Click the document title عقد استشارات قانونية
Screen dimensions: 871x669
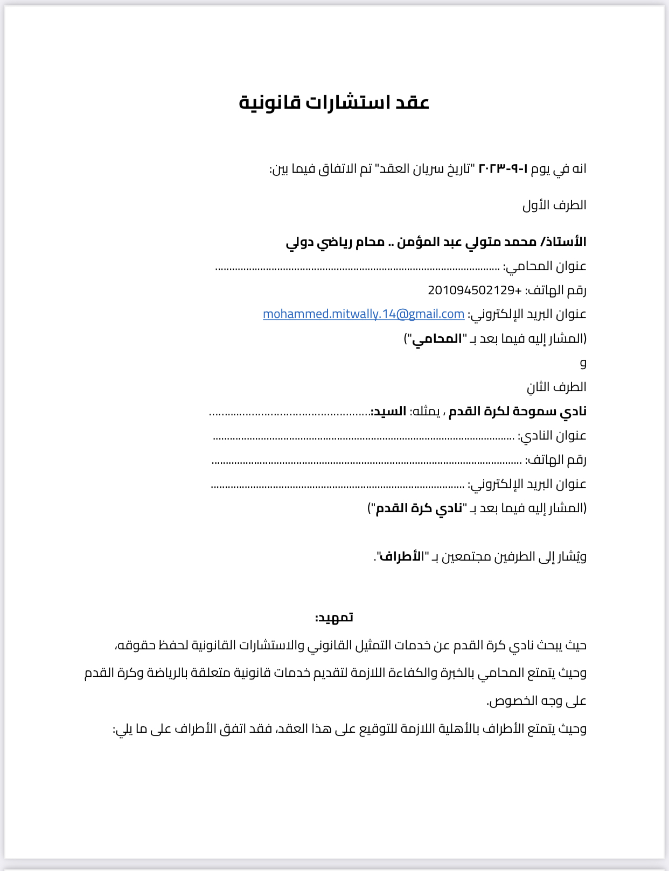point(334,102)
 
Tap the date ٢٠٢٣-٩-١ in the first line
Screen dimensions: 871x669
point(504,168)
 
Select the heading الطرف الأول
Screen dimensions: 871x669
point(554,205)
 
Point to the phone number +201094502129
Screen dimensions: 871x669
point(475,291)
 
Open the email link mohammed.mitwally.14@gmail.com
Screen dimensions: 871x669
point(364,314)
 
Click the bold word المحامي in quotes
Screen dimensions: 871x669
point(437,338)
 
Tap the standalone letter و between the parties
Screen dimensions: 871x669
point(583,363)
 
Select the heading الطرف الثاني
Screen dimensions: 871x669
point(556,387)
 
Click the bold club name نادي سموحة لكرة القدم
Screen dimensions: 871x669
point(518,412)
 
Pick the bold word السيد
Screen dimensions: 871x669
point(388,412)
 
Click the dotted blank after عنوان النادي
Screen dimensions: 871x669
point(364,437)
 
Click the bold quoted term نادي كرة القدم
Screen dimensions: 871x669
point(419,508)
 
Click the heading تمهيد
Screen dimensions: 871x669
point(334,618)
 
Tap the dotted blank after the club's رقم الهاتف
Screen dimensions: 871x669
point(366,462)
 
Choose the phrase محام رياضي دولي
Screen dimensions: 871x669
point(335,242)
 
